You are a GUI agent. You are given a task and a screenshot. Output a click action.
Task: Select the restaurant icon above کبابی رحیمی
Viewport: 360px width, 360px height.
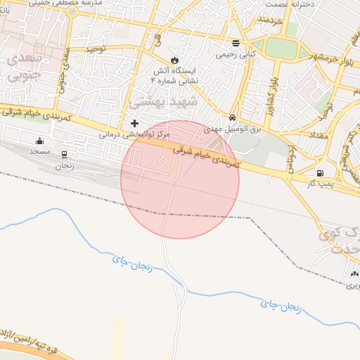(x=235, y=43)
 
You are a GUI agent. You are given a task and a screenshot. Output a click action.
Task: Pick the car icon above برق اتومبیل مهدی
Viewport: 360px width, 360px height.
(x=232, y=117)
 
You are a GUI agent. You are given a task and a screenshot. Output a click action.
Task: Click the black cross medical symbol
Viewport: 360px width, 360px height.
(x=135, y=123)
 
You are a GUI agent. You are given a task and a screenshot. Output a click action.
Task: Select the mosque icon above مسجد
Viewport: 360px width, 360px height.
(x=39, y=140)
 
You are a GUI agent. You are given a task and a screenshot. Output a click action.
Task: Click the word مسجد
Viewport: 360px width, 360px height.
(x=39, y=151)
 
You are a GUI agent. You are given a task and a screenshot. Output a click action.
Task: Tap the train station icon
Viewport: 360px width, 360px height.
(x=65, y=155)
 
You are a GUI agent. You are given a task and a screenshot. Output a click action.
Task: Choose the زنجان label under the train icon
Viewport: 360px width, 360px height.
(x=65, y=166)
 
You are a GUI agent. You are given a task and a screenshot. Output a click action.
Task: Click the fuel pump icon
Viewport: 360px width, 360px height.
(x=321, y=173)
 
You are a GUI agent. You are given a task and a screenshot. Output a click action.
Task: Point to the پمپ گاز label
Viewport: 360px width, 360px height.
(x=321, y=184)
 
